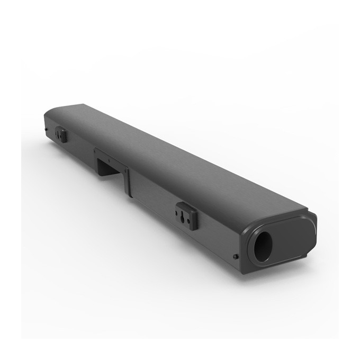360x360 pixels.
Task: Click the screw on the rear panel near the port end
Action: coord(235,257)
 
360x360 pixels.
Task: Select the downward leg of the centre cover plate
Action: coord(127,183)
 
